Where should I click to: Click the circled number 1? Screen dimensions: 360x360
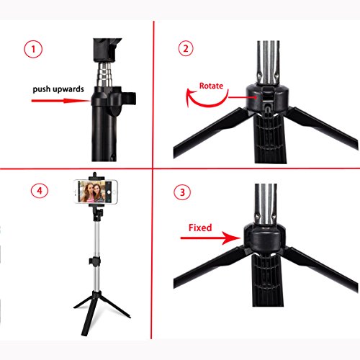click(33, 49)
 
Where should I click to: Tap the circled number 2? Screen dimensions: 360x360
click(186, 48)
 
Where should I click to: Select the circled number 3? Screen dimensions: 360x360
click(182, 192)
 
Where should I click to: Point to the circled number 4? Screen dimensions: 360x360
click(40, 191)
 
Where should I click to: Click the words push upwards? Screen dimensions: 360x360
click(58, 89)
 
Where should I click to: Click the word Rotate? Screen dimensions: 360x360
click(211, 86)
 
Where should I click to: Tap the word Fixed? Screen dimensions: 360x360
click(200, 228)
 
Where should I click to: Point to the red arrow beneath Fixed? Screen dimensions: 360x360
click(210, 238)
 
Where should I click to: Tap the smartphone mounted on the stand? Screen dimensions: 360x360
click(96, 192)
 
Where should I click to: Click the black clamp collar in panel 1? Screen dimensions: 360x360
click(113, 99)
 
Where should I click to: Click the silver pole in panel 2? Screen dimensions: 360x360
click(268, 63)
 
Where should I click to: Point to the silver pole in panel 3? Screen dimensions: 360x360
click(266, 204)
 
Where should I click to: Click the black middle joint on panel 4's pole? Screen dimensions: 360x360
click(95, 261)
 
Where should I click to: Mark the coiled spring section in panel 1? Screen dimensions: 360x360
click(104, 73)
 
